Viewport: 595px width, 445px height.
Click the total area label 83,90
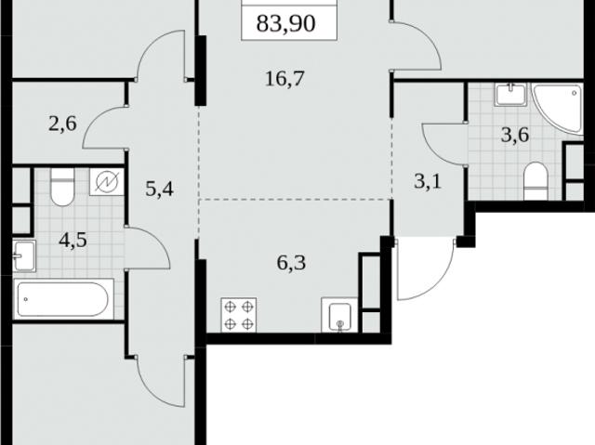click(285, 23)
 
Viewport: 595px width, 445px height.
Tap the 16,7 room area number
click(284, 79)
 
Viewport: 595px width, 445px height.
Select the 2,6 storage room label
click(62, 124)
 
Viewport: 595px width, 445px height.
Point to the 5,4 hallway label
click(159, 189)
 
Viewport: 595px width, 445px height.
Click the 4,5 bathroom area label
click(73, 240)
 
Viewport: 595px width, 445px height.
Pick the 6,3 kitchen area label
click(291, 262)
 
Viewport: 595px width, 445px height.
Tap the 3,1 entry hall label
click(428, 181)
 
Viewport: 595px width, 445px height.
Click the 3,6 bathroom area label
click(515, 135)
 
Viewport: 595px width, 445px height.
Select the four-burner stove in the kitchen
click(238, 315)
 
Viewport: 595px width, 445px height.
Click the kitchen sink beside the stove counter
click(340, 315)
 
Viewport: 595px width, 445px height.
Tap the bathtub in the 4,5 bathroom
click(64, 299)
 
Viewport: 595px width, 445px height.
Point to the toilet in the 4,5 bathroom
click(62, 188)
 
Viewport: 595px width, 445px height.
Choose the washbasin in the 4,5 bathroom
click(25, 255)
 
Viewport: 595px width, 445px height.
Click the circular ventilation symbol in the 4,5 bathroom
click(107, 182)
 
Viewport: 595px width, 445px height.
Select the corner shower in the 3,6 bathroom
click(557, 109)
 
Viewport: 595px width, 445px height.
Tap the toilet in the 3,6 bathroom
click(535, 181)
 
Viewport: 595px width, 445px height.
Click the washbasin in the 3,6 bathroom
click(511, 95)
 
